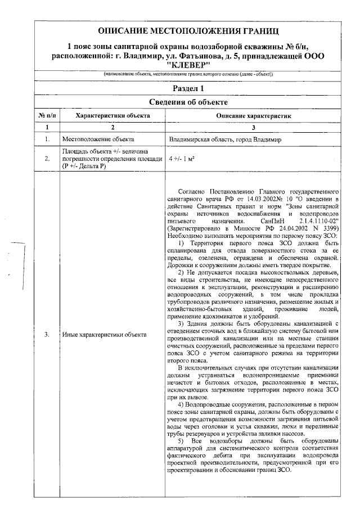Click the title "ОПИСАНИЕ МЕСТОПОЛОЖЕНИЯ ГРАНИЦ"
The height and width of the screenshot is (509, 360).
(188, 30)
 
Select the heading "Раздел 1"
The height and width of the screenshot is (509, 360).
(188, 88)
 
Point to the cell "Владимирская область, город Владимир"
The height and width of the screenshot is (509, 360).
(225, 139)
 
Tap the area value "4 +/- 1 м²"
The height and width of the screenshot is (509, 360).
(182, 160)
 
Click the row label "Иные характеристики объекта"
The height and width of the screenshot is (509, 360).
(104, 335)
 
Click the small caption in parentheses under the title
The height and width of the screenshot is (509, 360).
(188, 75)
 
